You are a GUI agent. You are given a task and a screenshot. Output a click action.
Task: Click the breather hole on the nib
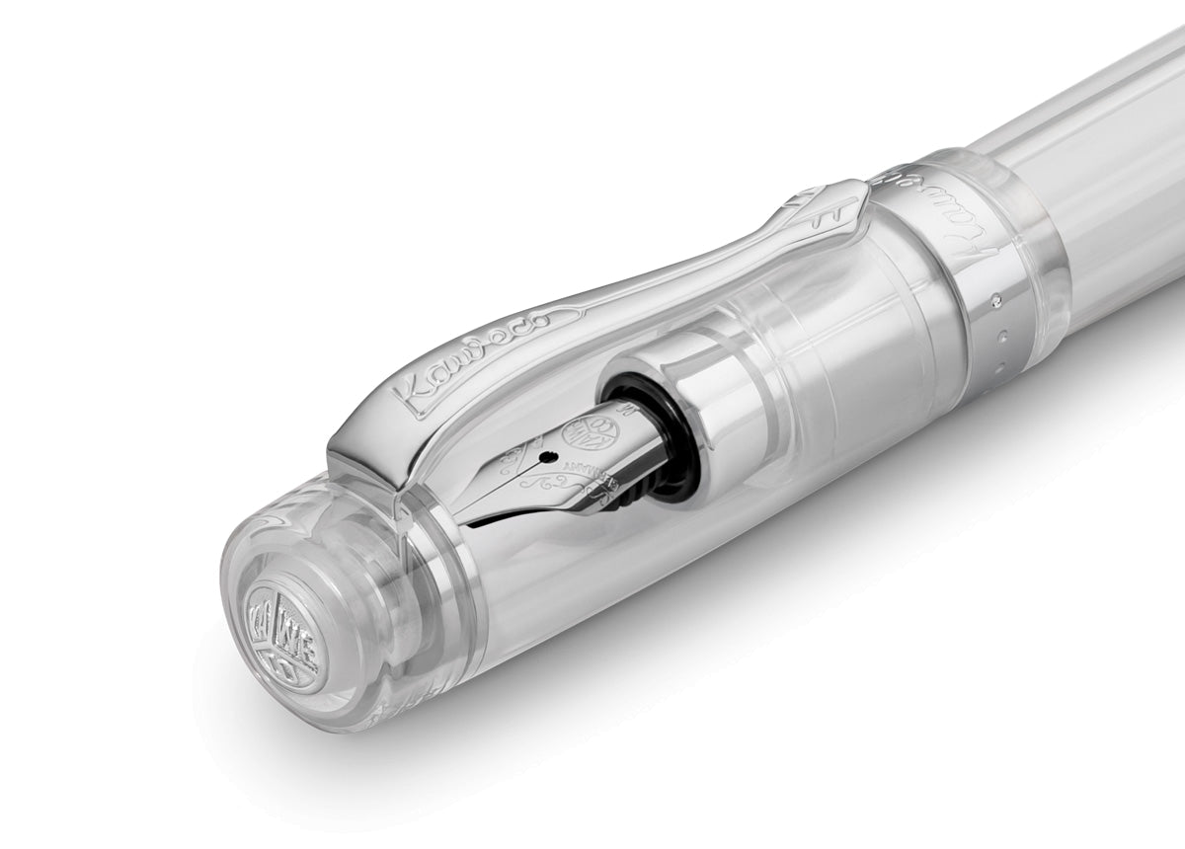543,456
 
